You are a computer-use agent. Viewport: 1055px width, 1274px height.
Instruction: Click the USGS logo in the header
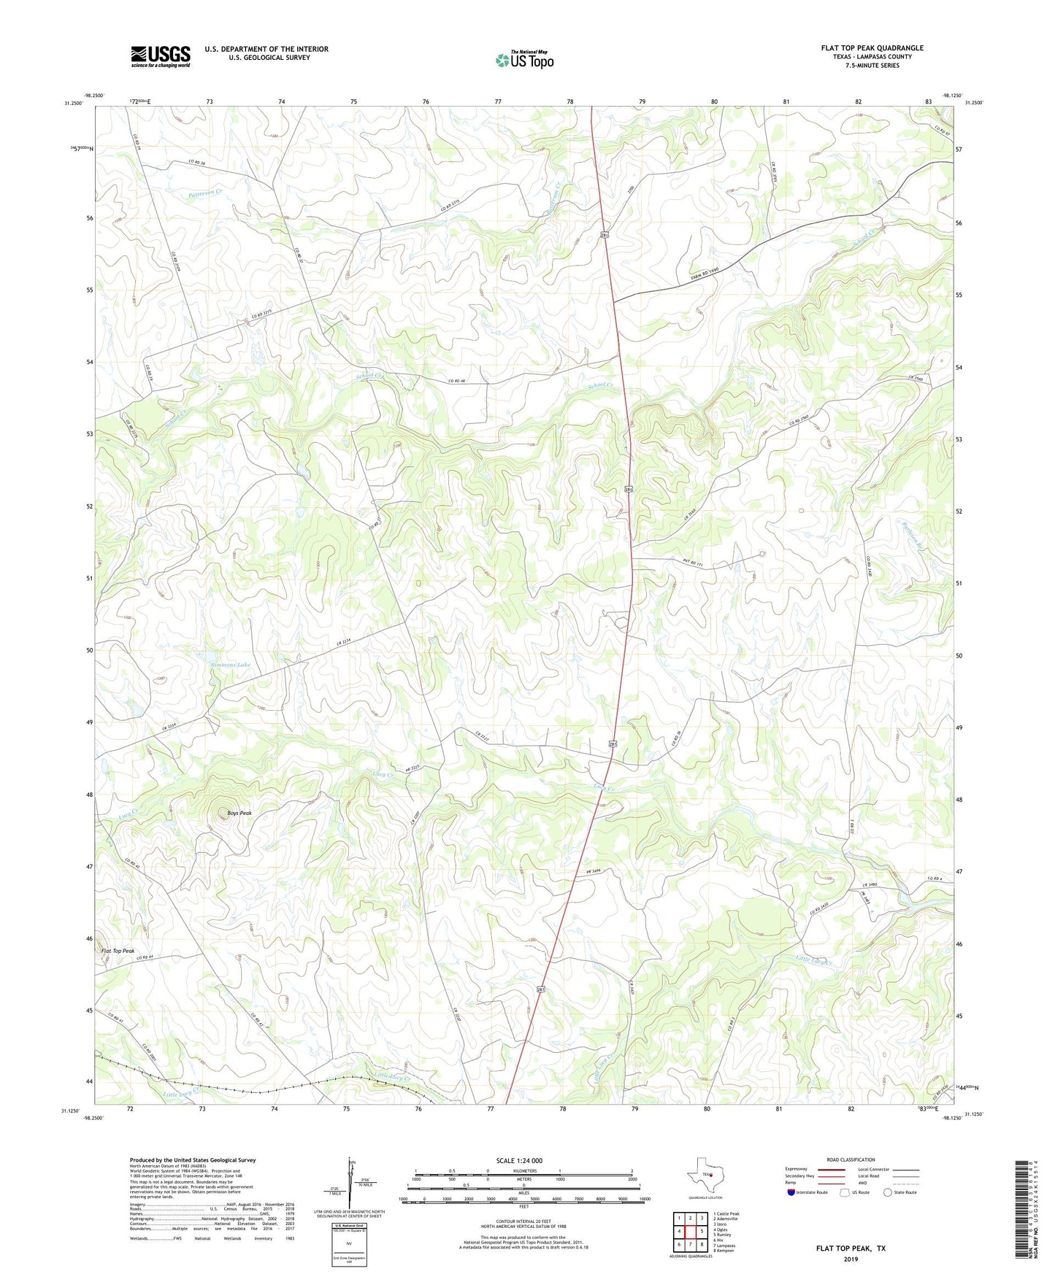(161, 55)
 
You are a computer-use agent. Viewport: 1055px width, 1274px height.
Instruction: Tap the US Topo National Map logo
(524, 59)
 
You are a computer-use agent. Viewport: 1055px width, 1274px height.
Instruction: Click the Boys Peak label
(239, 813)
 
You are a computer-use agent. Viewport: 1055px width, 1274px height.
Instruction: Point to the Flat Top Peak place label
(118, 951)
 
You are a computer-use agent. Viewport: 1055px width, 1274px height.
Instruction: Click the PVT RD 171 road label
(688, 563)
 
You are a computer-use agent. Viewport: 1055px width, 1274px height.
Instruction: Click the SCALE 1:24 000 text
(519, 1160)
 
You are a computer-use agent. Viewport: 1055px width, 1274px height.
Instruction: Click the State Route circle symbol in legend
(887, 1192)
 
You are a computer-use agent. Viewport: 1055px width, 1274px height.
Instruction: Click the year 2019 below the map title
(851, 1259)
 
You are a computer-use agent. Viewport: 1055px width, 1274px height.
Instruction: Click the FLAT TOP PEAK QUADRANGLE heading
(871, 48)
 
